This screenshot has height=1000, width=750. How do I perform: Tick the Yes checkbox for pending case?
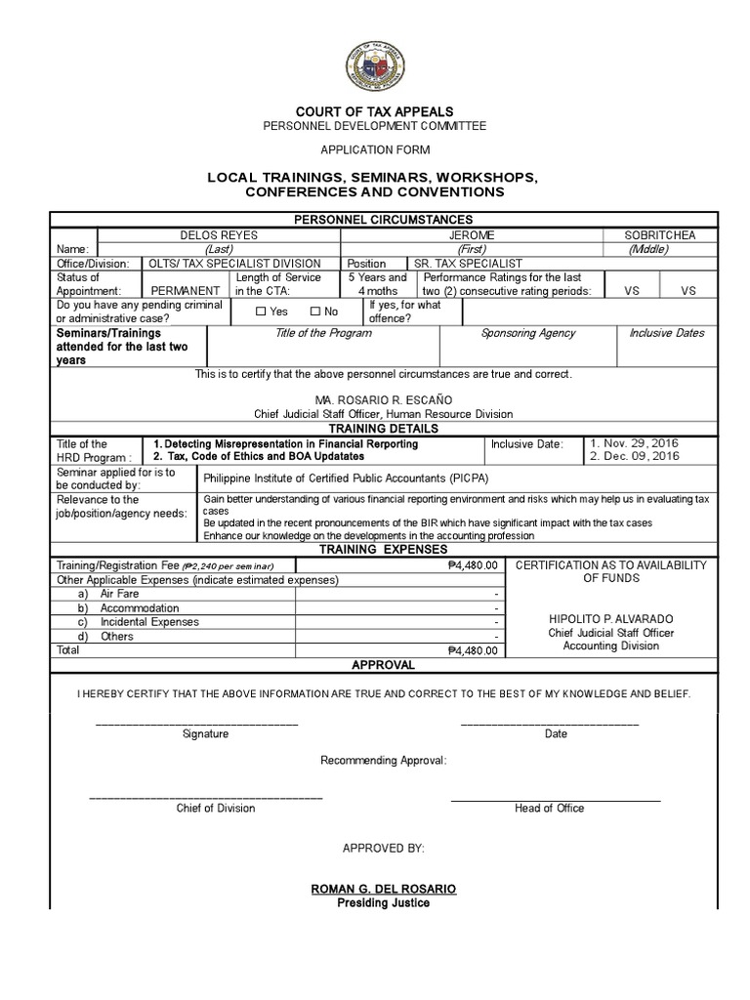(261, 312)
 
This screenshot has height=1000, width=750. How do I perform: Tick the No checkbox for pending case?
(315, 312)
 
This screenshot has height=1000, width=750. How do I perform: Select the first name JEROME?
(472, 235)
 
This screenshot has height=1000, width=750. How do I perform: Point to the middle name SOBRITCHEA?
(661, 235)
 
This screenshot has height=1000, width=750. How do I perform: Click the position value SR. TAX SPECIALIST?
(468, 264)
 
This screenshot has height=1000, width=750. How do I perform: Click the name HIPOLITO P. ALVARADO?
(611, 620)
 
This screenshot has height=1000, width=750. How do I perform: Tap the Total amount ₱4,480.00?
(472, 650)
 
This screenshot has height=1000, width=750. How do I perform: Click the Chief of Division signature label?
(216, 808)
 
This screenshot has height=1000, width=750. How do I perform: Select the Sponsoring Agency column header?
(528, 333)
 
